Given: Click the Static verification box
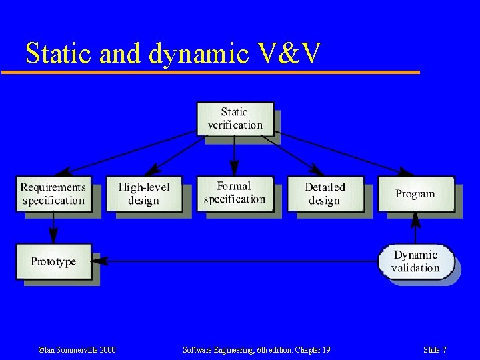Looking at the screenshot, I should (x=235, y=118).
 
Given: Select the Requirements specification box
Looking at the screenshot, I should (x=53, y=194).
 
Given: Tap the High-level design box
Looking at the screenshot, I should (x=144, y=194).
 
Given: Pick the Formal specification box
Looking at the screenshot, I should (x=235, y=193).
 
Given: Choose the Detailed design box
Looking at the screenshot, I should (x=325, y=194).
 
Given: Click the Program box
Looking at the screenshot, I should (x=415, y=194).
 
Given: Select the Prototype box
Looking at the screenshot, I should (x=53, y=261).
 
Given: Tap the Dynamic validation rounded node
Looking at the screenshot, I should (x=415, y=261).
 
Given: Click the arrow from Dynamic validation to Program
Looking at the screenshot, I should (x=415, y=228).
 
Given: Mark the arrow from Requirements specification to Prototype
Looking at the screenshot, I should (x=53, y=228).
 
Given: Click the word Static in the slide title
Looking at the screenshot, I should (x=59, y=53).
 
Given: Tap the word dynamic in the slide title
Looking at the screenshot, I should (x=198, y=53).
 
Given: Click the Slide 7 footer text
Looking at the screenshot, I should (x=435, y=350).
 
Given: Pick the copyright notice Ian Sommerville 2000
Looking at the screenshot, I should (x=77, y=350).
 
